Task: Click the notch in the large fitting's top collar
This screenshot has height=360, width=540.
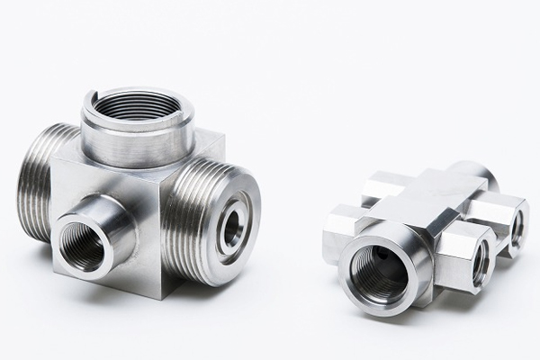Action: point(93,95)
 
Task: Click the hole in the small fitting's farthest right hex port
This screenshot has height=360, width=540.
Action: point(517,230)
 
